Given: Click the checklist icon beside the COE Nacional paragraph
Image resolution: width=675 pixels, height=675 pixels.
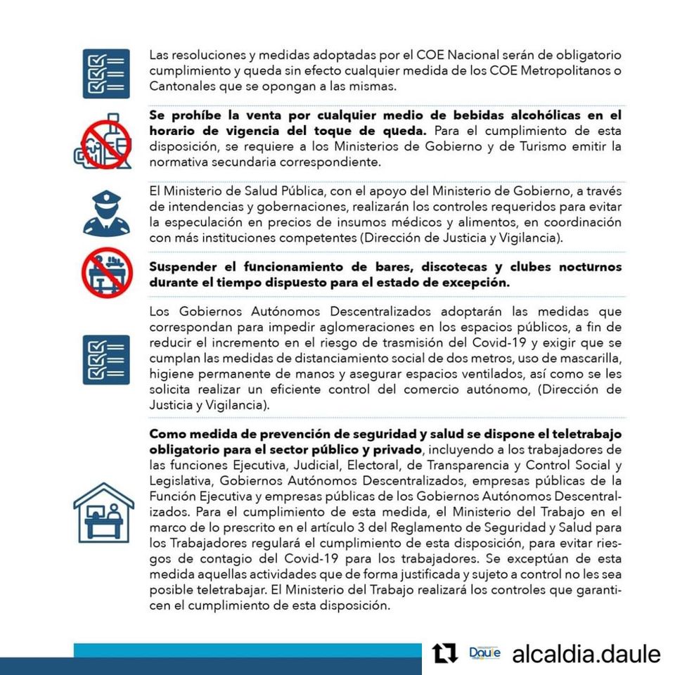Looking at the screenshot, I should tap(106, 73).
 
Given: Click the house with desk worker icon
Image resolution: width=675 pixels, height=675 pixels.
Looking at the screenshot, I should tap(104, 513).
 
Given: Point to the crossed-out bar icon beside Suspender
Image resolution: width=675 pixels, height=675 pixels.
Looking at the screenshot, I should tap(106, 274).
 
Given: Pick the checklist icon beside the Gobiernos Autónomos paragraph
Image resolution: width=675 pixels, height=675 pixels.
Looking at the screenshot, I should tap(106, 359).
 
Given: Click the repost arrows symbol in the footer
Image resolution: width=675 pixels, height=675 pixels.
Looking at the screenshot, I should tap(444, 654).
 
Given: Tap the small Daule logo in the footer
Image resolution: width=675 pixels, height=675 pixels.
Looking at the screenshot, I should tap(484, 654).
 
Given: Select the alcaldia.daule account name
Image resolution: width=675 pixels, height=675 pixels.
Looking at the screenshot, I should tap(586, 655).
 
